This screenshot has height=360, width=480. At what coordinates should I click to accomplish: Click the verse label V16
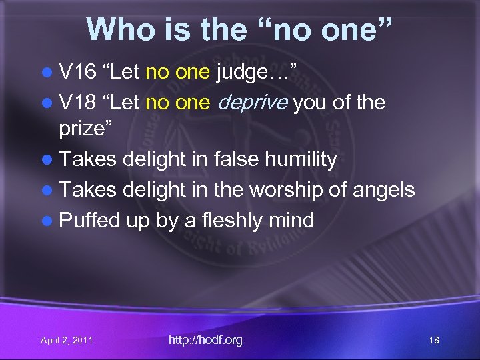tap(77, 72)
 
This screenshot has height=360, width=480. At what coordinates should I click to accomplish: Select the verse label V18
tap(77, 103)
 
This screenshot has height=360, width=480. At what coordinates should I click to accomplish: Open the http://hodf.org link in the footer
tap(205, 341)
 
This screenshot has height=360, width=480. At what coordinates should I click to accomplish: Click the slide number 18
tap(434, 341)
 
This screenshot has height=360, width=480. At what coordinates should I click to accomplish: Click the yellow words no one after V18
tap(177, 103)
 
